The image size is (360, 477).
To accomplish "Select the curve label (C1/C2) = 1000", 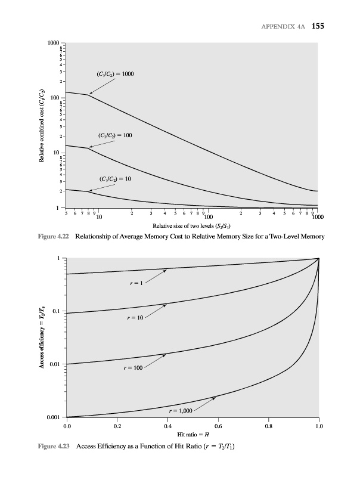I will (x=115, y=74).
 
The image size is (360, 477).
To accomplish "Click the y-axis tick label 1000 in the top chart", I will (x=54, y=44).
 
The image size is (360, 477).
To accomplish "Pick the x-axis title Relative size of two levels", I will (x=191, y=226).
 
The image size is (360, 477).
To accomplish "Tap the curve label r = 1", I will (x=136, y=283).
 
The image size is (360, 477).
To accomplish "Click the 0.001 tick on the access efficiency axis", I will (x=54, y=417).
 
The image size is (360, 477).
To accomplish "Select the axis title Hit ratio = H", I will (x=192, y=436).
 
